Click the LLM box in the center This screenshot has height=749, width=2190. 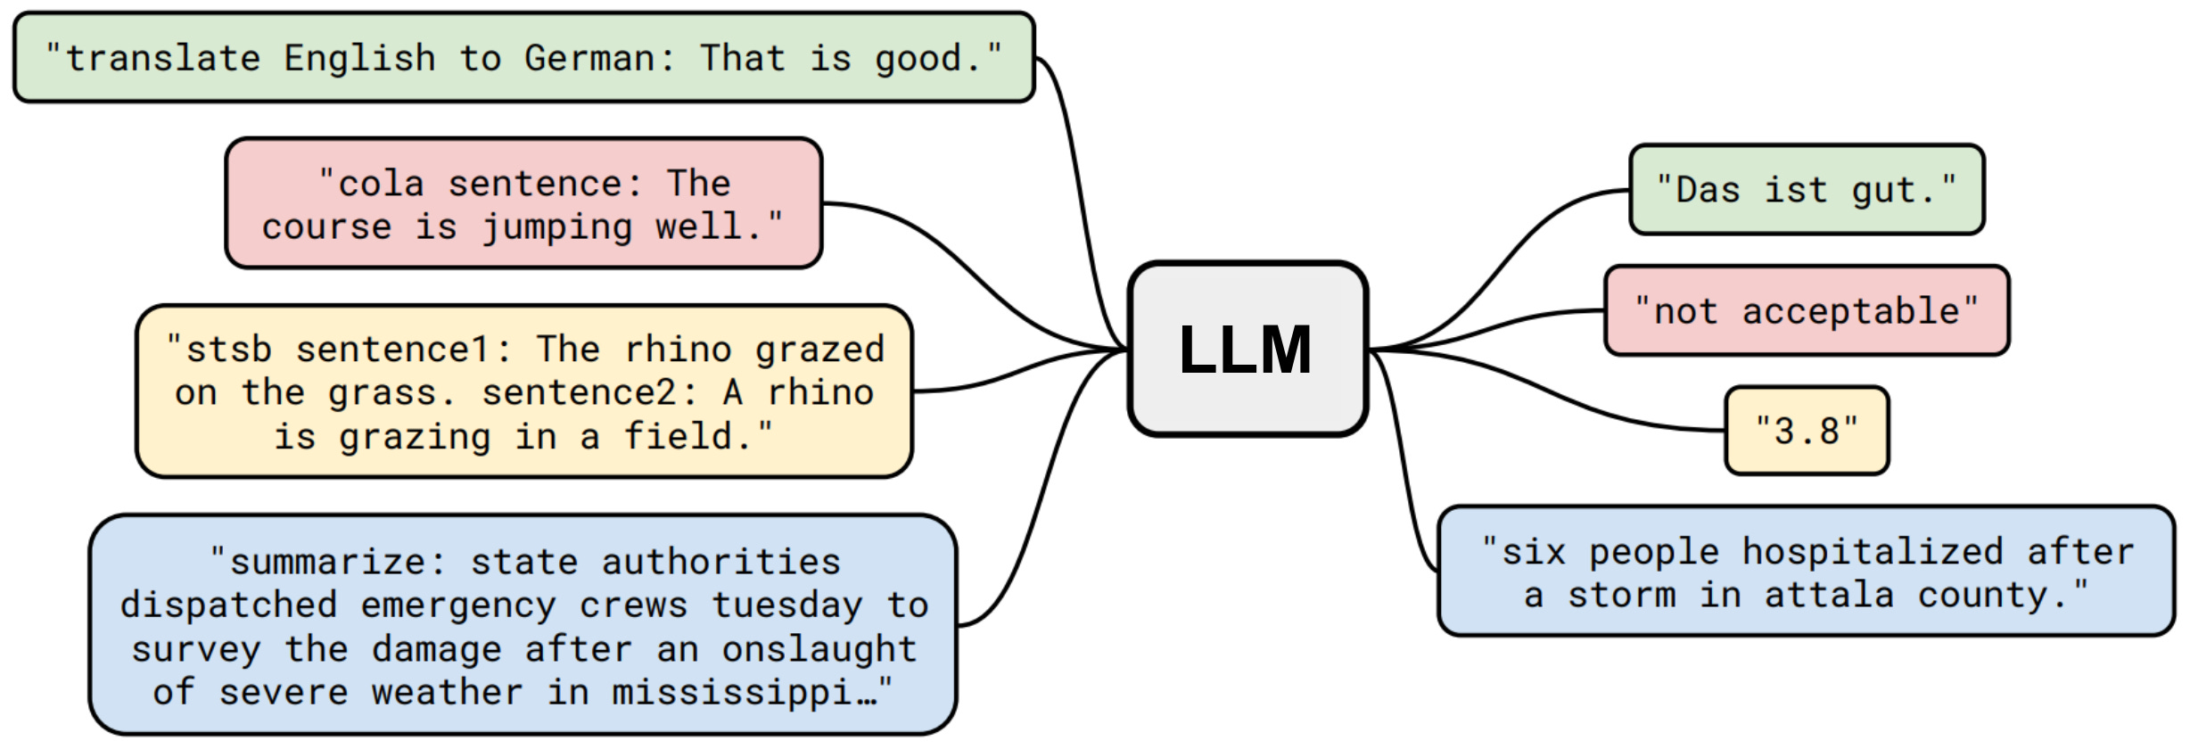1247,349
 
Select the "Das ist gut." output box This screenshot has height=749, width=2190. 1806,190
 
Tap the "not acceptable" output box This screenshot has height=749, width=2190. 1806,311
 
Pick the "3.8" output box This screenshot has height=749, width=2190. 1807,431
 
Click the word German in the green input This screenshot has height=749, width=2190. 589,59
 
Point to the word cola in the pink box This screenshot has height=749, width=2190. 381,185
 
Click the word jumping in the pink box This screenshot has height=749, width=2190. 557,227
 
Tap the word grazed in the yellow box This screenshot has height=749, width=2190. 819,350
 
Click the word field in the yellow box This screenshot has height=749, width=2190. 678,437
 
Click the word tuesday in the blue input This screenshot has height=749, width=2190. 786,605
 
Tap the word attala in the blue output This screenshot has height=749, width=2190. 1829,595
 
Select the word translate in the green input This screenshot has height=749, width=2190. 163,59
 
